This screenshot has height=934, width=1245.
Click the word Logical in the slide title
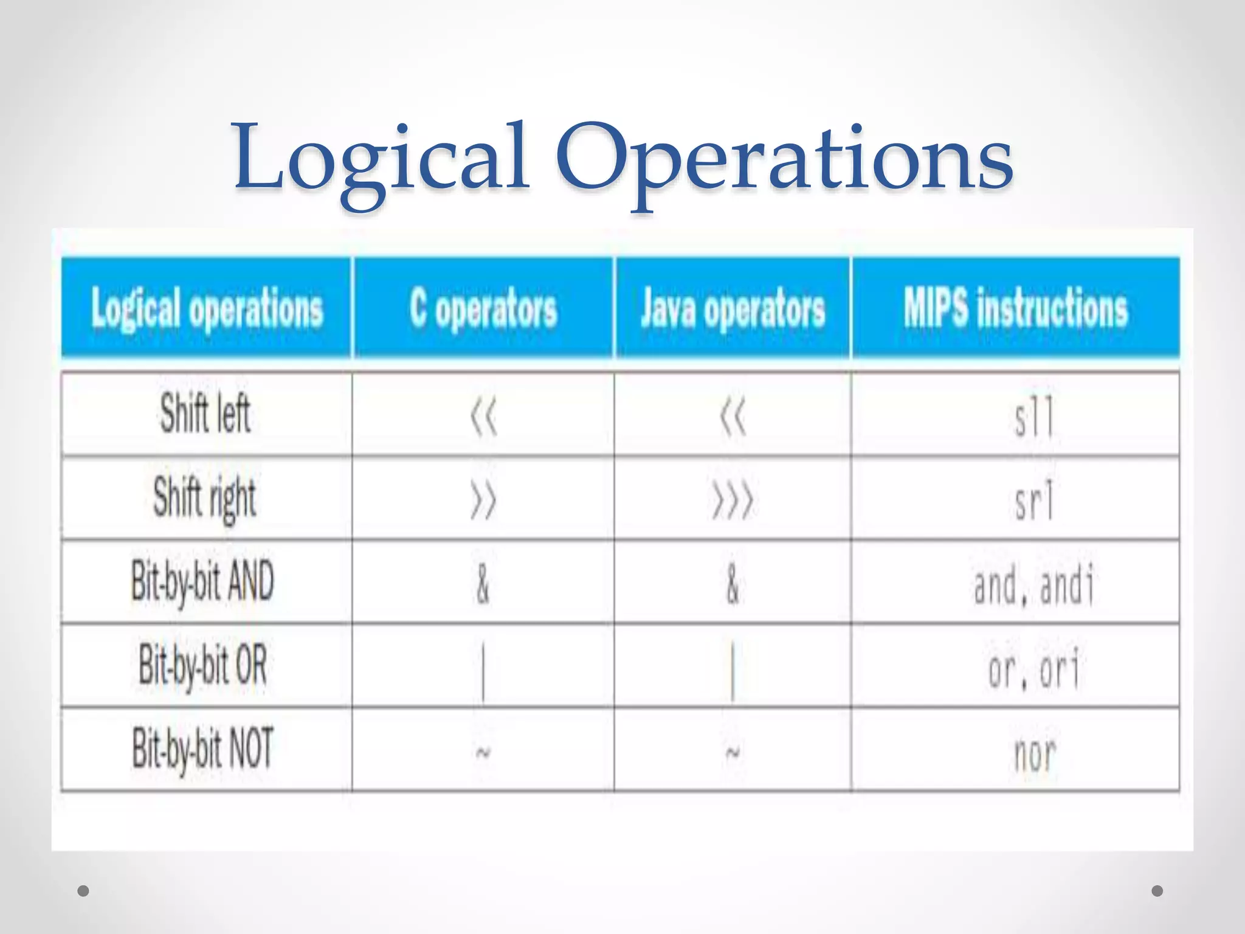tap(381, 159)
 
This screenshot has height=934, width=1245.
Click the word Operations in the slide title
tap(784, 159)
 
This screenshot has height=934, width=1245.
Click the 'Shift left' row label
tap(205, 414)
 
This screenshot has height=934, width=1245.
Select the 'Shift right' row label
tap(205, 498)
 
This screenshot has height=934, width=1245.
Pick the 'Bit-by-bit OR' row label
tap(203, 665)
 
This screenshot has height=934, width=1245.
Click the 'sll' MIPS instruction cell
tap(1033, 417)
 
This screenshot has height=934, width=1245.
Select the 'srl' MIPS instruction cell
tap(1033, 500)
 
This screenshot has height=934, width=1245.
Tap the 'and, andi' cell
tap(1033, 584)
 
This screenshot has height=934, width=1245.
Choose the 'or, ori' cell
tap(1033, 668)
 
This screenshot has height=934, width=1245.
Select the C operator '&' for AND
tap(483, 584)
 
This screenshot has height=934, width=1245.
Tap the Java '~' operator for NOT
tap(733, 753)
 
